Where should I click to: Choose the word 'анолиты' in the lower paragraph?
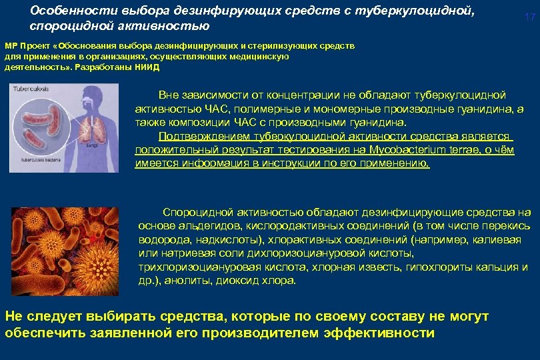pos(179,280)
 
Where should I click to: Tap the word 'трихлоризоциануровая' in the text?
pos(193,267)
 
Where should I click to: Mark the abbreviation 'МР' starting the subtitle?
pos(12,46)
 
